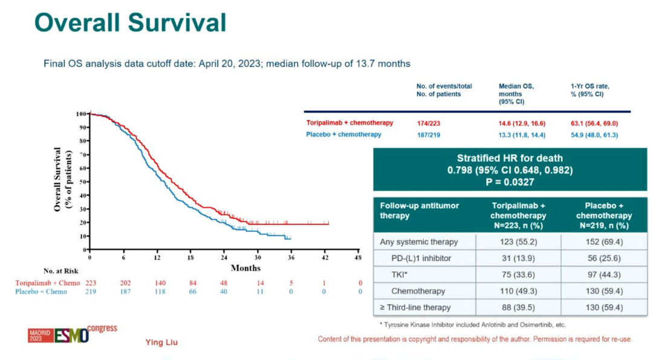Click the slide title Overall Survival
tap(130, 22)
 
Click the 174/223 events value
tap(427, 123)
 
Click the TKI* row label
tap(401, 275)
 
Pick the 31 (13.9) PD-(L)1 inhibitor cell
tap(518, 258)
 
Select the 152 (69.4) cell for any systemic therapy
tap(603, 242)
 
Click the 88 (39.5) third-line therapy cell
tap(518, 307)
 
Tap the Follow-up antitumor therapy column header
tap(419, 211)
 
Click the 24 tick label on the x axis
tap(224, 257)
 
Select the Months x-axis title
tap(245, 267)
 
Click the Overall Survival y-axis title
tap(62, 180)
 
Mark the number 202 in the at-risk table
tap(125, 283)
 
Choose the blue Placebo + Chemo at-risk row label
tap(42, 292)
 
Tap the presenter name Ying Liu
tap(161, 342)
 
